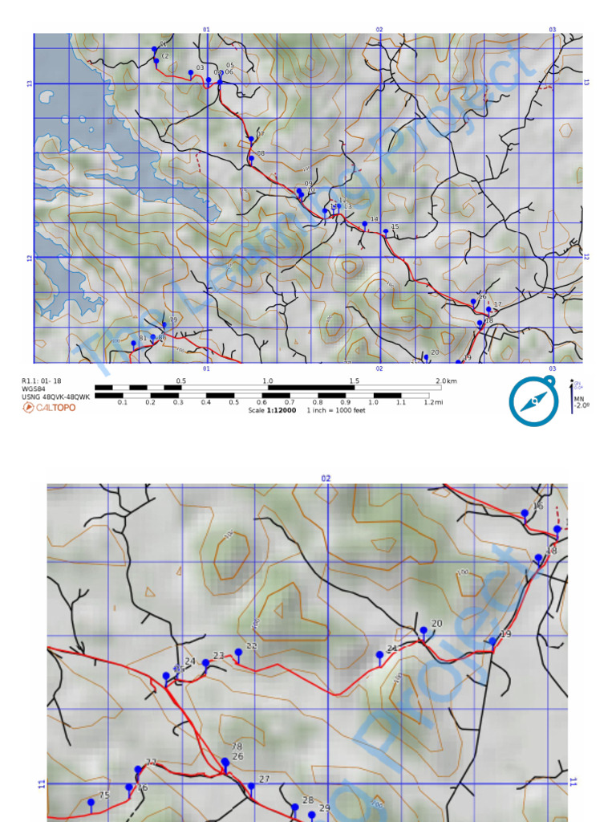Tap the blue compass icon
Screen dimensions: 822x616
[x=532, y=401]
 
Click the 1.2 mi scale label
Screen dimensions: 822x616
[x=430, y=402]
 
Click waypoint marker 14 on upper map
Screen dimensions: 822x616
[x=364, y=223]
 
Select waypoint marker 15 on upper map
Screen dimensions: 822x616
[x=386, y=231]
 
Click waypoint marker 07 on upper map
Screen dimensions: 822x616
[x=251, y=139]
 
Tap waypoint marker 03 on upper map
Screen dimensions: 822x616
[x=191, y=72]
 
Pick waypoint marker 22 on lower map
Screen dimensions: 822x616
[x=238, y=652]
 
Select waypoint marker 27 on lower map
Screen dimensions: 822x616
[x=251, y=786]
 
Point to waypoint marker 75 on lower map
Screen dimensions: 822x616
[x=91, y=802]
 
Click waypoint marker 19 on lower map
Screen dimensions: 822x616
[x=492, y=641]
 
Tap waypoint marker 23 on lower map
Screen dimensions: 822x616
[x=206, y=662]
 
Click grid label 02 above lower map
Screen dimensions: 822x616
[x=326, y=478]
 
